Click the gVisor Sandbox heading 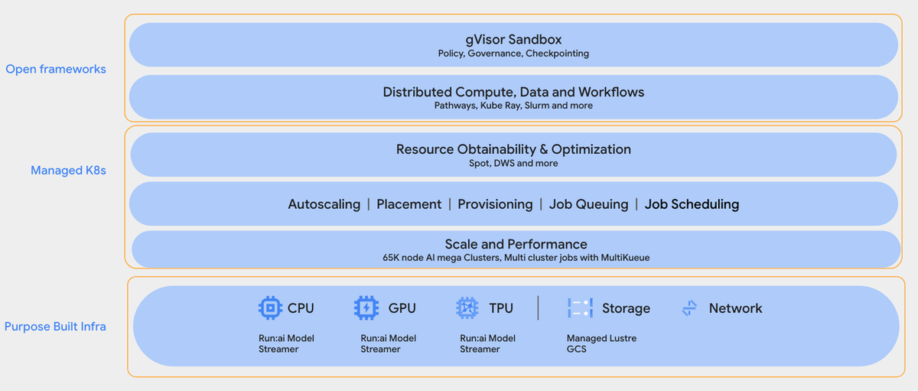pos(513,39)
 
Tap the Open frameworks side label pos(56,70)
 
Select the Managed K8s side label pos(68,171)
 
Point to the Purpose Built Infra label pos(55,327)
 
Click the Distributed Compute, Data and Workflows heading pos(513,92)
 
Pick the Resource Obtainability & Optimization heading pos(513,149)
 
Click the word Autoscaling pos(324,204)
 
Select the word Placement pos(409,204)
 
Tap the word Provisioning pos(495,204)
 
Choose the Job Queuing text pos(588,204)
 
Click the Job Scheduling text pos(692,204)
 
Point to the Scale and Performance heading pos(516,244)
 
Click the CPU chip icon pos(270,308)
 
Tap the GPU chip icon pos(366,308)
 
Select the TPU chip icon pos(467,308)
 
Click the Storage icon pos(580,308)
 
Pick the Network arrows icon pos(689,308)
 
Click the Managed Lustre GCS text pos(601,344)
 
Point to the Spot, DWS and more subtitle pos(513,163)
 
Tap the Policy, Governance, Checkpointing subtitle pos(513,54)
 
